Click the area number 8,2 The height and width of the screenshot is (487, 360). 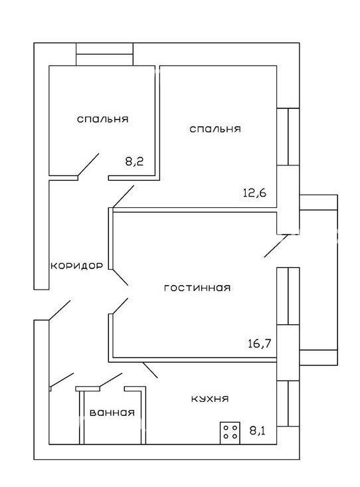(134, 161)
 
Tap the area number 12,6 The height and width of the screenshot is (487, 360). (254, 193)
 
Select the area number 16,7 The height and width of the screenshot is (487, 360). (260, 343)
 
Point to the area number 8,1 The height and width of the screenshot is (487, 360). (258, 431)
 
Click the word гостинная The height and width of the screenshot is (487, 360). (197, 288)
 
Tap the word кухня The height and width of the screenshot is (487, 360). (210, 399)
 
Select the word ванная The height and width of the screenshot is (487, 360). (112, 413)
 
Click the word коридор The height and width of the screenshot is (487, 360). (76, 266)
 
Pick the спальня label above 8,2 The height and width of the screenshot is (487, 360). (102, 120)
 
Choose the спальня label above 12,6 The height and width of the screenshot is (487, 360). (215, 129)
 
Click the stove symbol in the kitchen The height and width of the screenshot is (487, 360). (230, 433)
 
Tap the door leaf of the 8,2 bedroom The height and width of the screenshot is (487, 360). (88, 165)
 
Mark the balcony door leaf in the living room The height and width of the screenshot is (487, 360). (276, 246)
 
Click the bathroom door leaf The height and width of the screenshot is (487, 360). (110, 381)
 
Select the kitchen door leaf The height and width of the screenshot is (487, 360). (150, 370)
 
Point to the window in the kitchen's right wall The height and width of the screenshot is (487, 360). (288, 403)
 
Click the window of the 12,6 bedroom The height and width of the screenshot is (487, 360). (288, 137)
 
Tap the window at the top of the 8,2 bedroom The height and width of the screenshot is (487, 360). (105, 54)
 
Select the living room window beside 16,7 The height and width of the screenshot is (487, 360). (288, 296)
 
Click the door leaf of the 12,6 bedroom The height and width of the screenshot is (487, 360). (124, 197)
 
